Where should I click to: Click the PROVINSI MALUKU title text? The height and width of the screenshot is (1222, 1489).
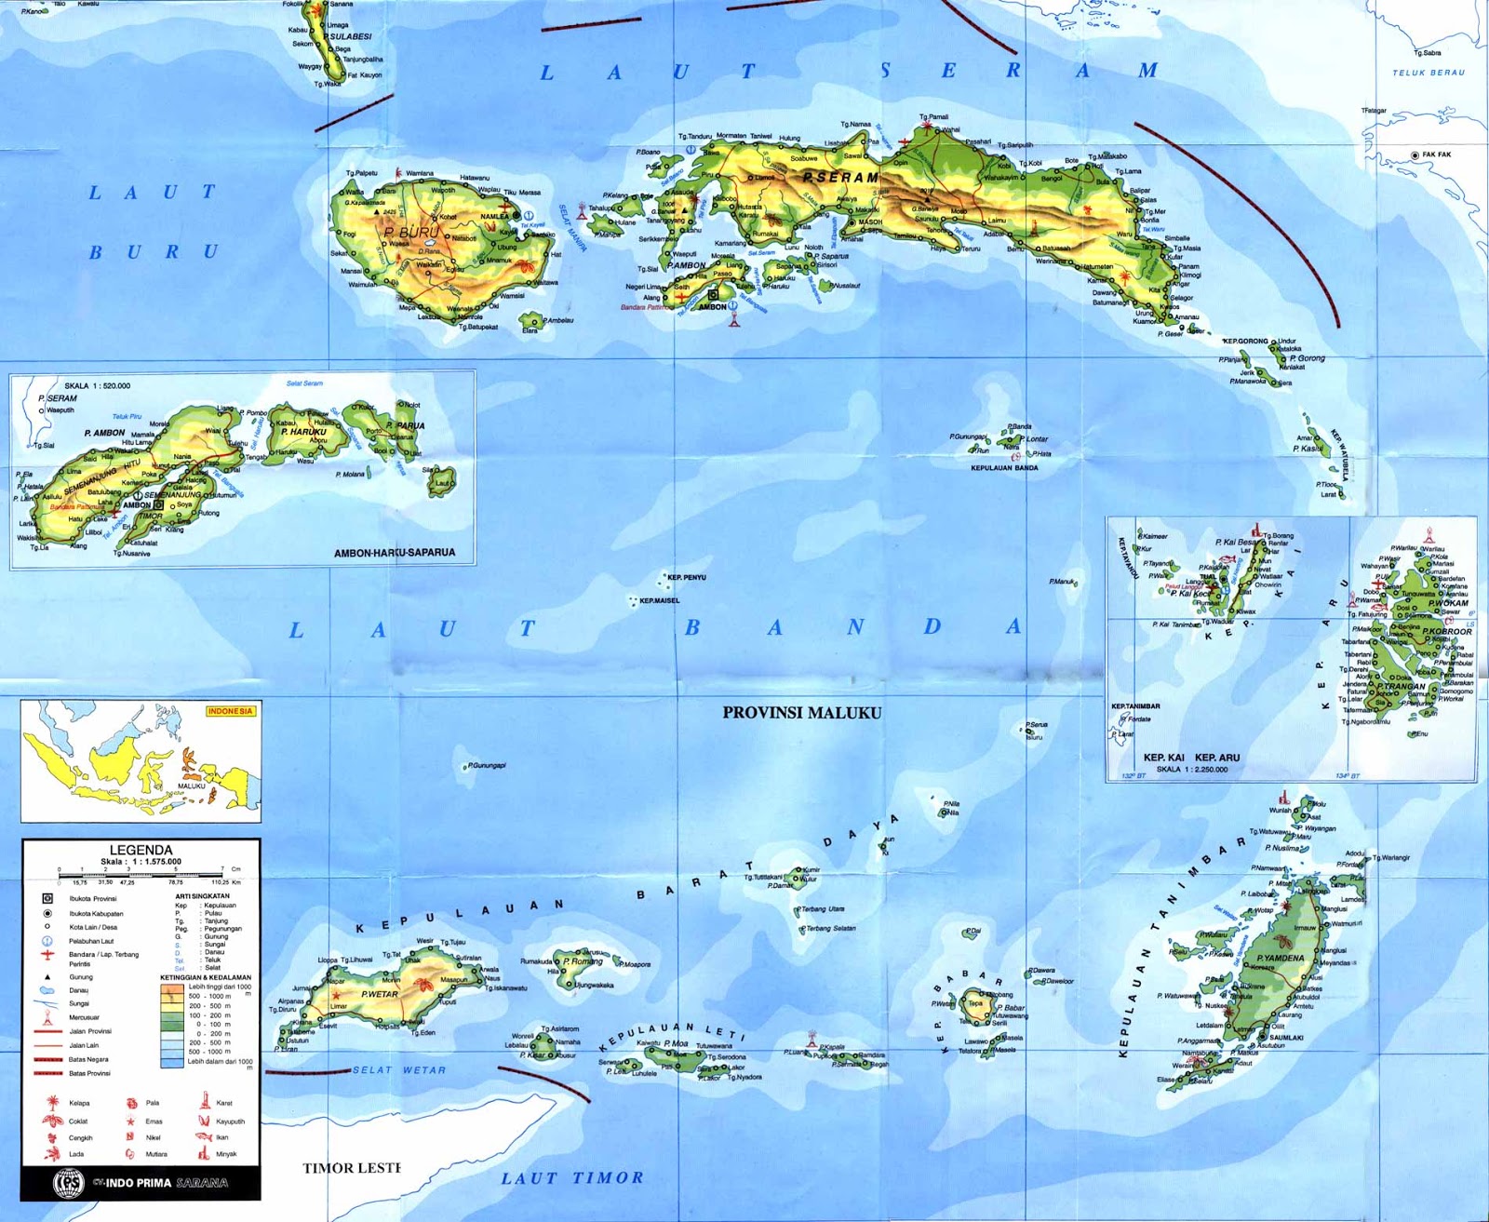[x=801, y=713]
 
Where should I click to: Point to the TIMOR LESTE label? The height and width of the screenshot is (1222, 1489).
[x=352, y=1168]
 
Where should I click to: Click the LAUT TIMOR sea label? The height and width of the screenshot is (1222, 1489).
[x=572, y=1178]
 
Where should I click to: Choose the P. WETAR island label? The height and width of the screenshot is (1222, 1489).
[x=380, y=994]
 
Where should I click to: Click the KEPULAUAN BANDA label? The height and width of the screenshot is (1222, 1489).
[x=1004, y=468]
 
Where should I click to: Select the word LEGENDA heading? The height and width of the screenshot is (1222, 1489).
[x=141, y=850]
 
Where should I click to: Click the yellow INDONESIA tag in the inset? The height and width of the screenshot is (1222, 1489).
[x=230, y=711]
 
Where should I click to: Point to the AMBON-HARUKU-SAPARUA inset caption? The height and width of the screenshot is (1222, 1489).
[x=395, y=553]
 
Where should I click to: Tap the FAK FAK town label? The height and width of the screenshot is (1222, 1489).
[x=1436, y=154]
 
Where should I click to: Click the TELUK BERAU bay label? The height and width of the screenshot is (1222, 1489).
[x=1429, y=73]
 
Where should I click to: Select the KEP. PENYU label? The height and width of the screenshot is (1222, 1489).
[x=687, y=578]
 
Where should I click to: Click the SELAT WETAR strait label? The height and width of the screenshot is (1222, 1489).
[x=399, y=1070]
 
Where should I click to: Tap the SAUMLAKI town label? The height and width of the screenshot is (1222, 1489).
[x=1286, y=1037]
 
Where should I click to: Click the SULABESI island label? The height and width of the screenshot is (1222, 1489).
[x=351, y=36]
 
